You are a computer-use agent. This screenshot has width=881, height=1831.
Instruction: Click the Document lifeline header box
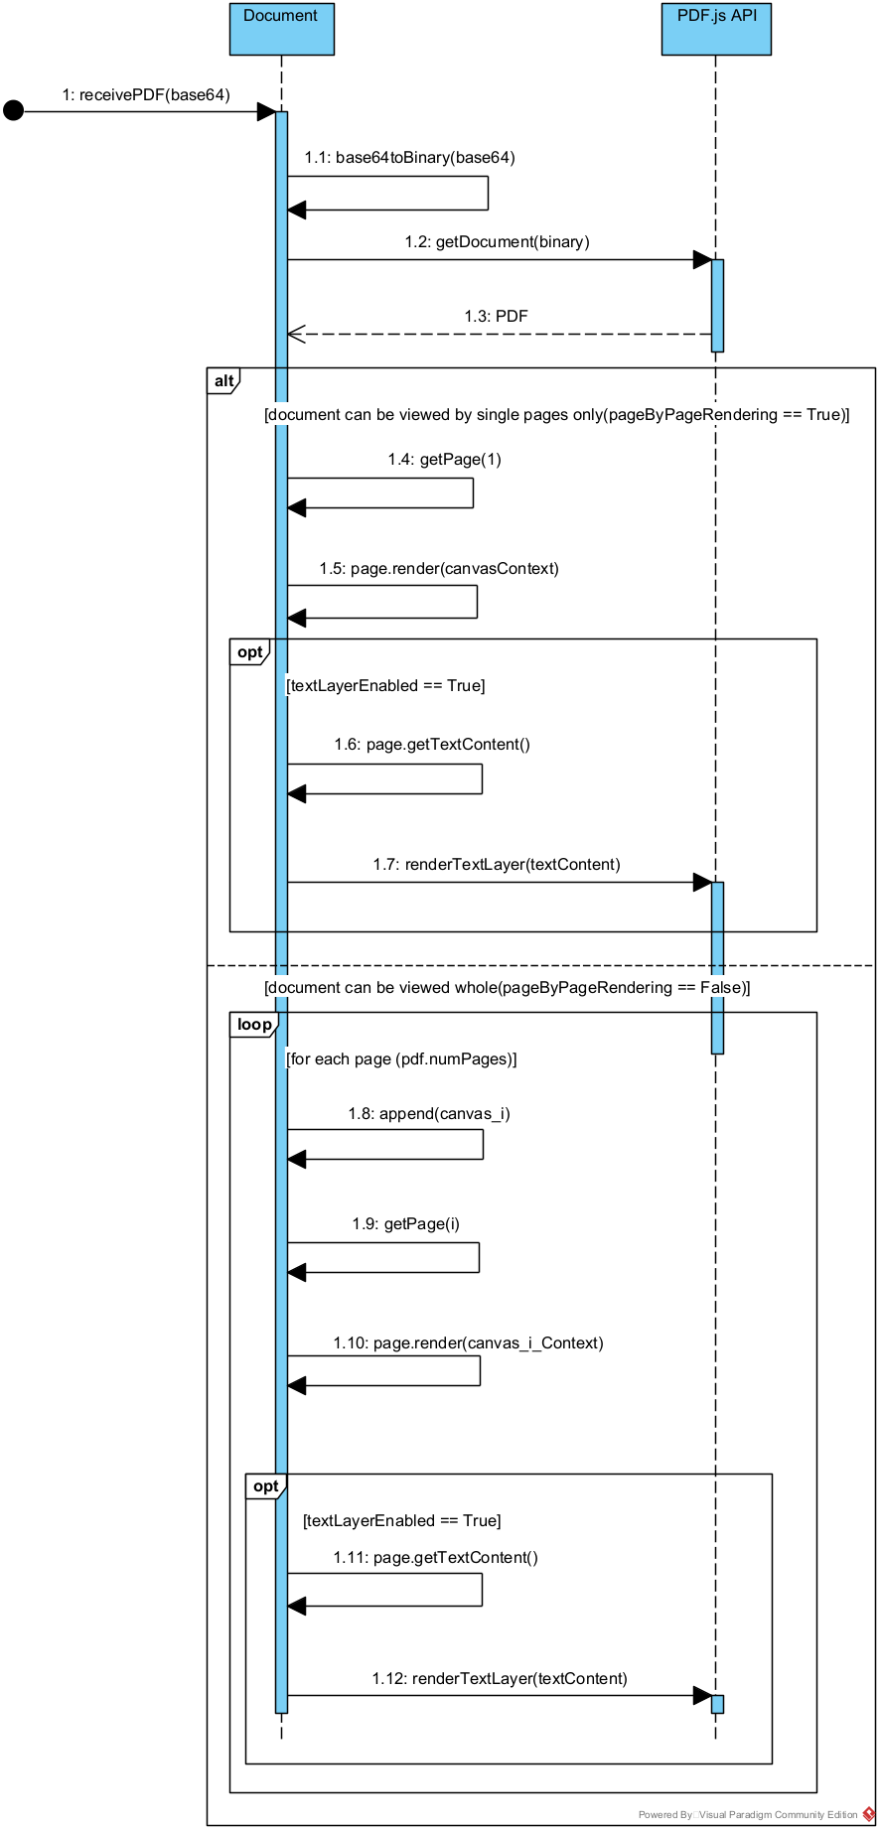pos(281,29)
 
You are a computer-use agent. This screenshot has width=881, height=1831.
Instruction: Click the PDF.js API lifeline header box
pos(716,29)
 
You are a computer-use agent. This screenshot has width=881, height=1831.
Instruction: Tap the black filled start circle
pos(13,110)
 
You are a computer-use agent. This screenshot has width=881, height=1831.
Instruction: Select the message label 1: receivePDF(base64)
pos(146,95)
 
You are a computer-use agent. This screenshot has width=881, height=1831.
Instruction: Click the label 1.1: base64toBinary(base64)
pos(409,157)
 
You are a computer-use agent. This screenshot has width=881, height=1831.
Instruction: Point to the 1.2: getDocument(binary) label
pos(497,241)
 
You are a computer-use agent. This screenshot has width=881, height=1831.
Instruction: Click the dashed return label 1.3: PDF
pos(496,316)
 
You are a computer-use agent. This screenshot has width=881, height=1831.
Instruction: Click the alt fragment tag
pos(223,380)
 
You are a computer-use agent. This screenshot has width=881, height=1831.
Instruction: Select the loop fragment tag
pos(253,1025)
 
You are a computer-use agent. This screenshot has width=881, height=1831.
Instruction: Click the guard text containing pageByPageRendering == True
pos(556,414)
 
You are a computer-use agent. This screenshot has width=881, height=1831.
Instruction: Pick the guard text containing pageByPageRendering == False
pos(507,987)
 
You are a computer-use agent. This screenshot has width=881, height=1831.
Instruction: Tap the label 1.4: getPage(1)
pos(444,459)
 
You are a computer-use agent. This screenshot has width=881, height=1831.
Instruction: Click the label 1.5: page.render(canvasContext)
pos(438,568)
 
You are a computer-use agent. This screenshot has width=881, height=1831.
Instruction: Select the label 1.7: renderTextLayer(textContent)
pos(497,864)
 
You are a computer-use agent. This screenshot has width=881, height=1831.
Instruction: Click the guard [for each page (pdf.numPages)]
pos(401,1058)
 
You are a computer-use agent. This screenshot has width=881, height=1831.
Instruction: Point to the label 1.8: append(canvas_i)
pos(428,1113)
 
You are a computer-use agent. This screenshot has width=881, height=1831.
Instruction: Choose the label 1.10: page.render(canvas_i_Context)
pos(468,1342)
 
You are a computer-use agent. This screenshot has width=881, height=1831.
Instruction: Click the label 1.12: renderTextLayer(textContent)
pos(500,1678)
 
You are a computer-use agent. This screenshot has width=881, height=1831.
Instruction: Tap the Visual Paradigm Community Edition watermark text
pos(747,1814)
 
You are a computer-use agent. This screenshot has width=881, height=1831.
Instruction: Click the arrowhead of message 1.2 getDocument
pos(702,260)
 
